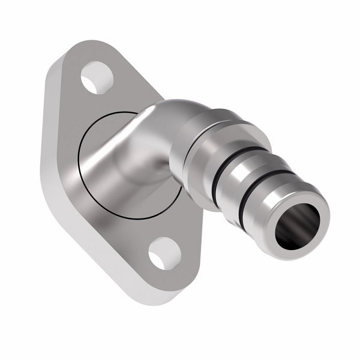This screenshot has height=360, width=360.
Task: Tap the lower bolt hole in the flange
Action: [164, 253]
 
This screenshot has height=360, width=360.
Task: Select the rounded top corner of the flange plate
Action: [90, 45]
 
